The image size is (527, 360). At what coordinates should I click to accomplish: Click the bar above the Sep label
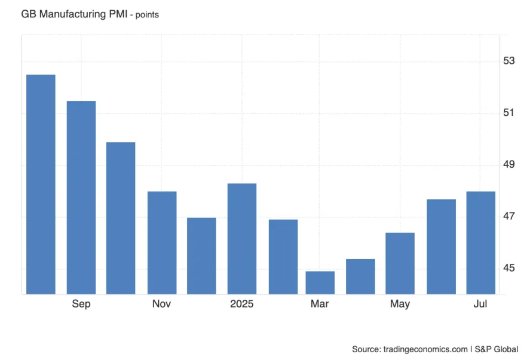[81, 197]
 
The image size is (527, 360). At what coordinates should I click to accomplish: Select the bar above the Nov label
[162, 242]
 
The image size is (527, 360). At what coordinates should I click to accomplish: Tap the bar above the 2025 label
[242, 238]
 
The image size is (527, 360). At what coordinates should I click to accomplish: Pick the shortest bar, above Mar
[320, 282]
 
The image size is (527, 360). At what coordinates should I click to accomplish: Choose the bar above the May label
[400, 263]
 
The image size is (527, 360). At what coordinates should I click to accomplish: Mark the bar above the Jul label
[480, 242]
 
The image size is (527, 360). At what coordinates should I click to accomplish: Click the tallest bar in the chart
[41, 184]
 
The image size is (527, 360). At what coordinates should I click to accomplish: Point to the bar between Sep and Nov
[121, 218]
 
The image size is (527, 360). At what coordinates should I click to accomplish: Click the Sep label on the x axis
[81, 304]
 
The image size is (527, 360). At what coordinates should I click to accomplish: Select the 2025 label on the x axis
[242, 304]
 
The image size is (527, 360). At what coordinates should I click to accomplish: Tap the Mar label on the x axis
[320, 304]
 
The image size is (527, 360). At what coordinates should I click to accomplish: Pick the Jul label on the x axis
[480, 304]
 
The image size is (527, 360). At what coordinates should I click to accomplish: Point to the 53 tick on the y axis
[509, 61]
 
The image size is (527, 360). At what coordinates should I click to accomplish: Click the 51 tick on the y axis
[509, 113]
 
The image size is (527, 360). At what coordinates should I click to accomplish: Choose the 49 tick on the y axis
[509, 164]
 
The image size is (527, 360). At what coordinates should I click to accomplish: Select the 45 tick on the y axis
[509, 268]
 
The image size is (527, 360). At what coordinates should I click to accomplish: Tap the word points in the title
[148, 15]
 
